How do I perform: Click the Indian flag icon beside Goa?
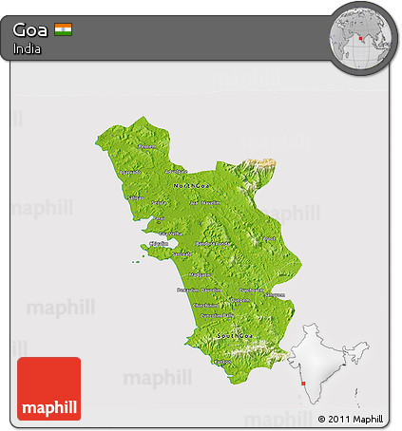click(63, 28)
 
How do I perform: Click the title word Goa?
click(30, 28)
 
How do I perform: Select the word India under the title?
click(27, 49)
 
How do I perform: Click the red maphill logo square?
click(48, 388)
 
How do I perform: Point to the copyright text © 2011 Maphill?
click(350, 419)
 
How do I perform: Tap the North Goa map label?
click(188, 184)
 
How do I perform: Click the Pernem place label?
click(146, 147)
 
